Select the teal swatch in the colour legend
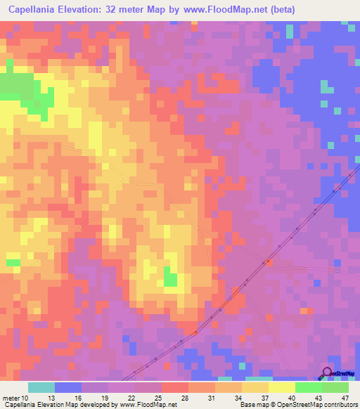[41, 387]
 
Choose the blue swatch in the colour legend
[67, 387]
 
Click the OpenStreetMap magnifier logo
[328, 373]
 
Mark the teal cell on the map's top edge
[289, 31]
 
